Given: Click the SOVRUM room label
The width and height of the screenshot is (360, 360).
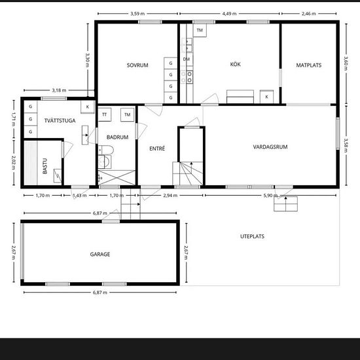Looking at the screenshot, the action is tap(137, 65).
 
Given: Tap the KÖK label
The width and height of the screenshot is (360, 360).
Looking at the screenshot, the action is tap(236, 64).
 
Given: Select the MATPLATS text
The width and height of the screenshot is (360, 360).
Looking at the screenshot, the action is tap(308, 65).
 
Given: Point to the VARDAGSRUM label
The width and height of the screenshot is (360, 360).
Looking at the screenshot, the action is tap(270, 147).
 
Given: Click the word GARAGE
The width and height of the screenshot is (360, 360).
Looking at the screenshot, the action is tap(100, 254).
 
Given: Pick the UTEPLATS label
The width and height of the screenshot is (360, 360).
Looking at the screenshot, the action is tap(252, 236).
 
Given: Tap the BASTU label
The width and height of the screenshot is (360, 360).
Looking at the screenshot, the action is tap(45, 166).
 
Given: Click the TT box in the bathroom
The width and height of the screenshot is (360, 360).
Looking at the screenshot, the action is tap(105, 115).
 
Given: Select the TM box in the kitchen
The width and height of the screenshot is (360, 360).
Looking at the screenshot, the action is tap(200, 30).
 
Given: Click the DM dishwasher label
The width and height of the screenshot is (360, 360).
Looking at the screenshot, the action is tap(187, 59).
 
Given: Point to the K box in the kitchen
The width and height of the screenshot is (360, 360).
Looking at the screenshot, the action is tap(266, 97).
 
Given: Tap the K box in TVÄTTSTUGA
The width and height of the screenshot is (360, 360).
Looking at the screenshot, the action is tap(88, 107).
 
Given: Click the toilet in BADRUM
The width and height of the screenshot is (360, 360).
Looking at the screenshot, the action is tap(106, 150).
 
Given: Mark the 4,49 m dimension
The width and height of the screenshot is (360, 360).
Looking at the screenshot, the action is tap(229, 14).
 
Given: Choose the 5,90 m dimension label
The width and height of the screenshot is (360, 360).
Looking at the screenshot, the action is tap(270, 196).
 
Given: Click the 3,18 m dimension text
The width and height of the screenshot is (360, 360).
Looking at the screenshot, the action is tap(59, 90).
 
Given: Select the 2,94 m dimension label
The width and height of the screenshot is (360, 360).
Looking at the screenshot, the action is tap(170, 196).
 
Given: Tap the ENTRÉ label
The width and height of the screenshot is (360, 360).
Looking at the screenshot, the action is tap(157, 149).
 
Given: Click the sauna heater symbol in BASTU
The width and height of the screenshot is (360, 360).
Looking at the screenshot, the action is tap(58, 176).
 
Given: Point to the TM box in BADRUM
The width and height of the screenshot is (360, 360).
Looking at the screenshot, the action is tap(127, 115).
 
